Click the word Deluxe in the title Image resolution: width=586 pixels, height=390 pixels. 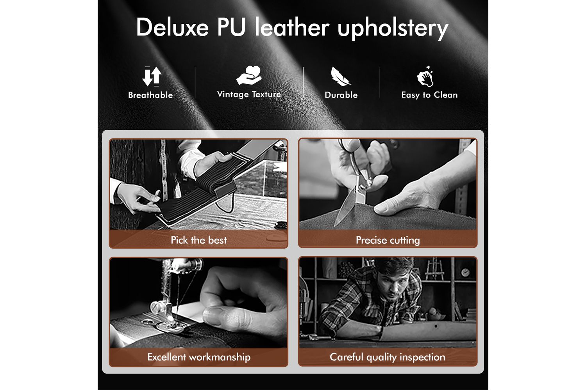point(172,27)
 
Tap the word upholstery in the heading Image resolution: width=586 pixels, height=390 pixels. point(393,29)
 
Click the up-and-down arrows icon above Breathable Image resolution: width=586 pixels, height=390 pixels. point(152,76)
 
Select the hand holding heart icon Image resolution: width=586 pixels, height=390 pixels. point(249,75)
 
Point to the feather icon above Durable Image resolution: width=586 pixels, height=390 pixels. point(340,76)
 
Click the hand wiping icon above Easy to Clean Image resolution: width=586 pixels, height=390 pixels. point(425,76)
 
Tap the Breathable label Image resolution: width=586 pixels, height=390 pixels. point(150,95)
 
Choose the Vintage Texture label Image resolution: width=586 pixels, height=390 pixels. point(249,94)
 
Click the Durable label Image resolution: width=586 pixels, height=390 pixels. point(341,95)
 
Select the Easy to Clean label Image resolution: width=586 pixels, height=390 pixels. point(430,95)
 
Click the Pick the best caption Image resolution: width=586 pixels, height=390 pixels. point(199,240)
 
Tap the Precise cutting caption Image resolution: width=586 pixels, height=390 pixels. point(388,240)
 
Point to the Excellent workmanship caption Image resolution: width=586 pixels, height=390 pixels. point(199,357)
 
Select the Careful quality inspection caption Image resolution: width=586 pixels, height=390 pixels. point(388,357)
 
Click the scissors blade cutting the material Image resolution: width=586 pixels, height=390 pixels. point(345,206)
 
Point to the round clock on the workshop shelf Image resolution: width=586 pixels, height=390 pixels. point(465,273)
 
